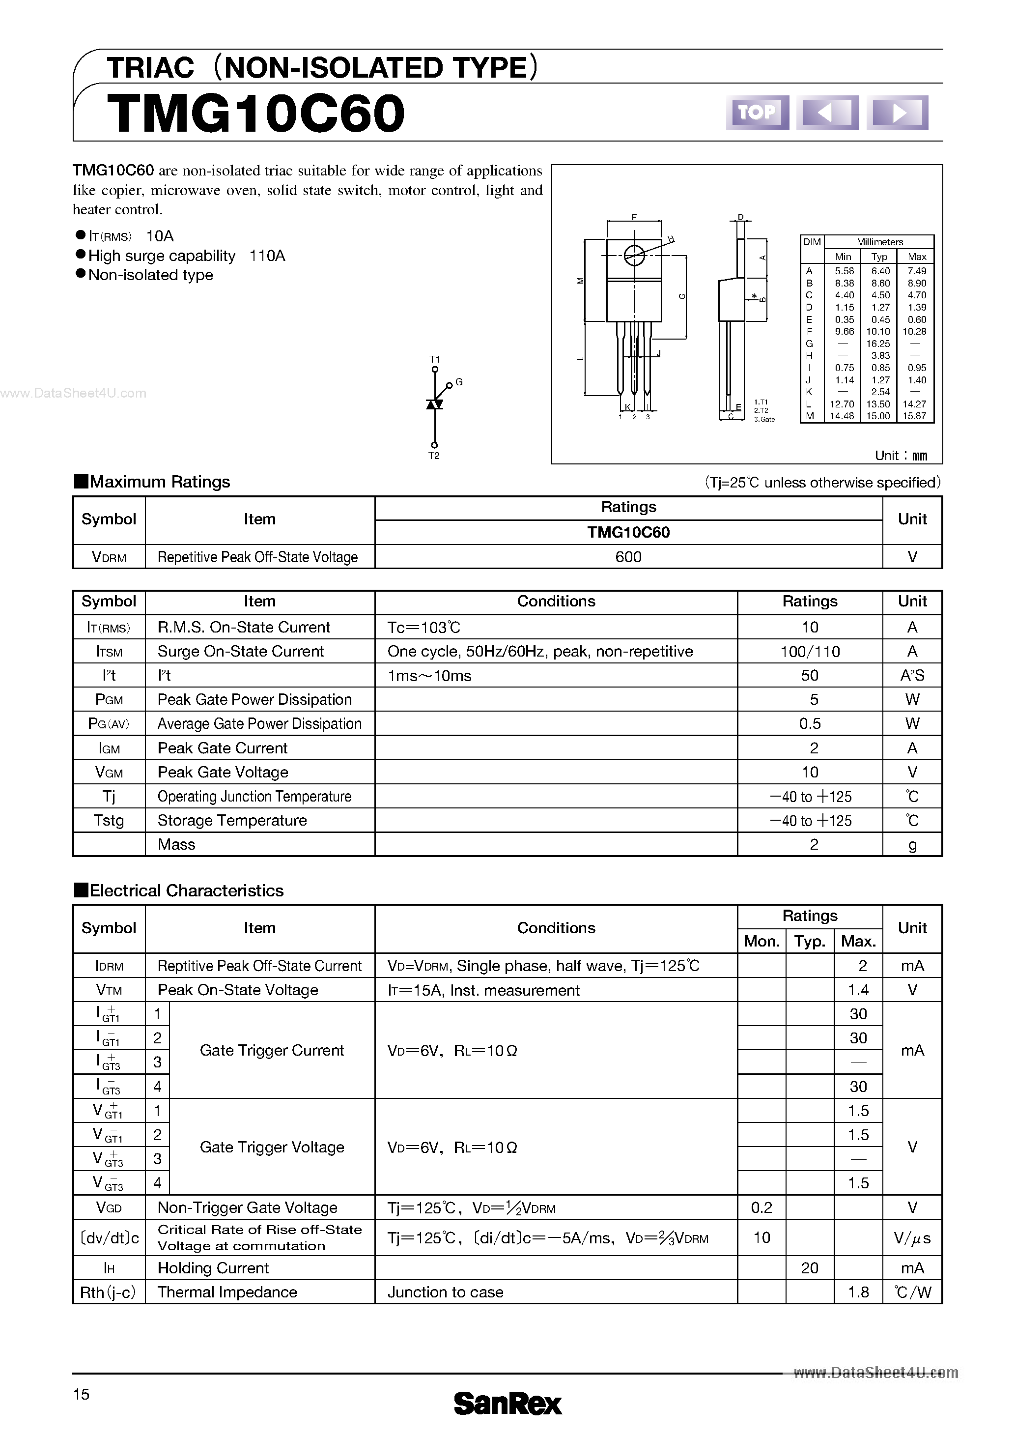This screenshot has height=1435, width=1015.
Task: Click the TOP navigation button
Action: click(757, 113)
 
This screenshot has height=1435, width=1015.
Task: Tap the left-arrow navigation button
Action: click(827, 113)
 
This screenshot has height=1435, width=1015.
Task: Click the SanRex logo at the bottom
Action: click(507, 1403)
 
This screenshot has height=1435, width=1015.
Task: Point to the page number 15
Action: click(81, 1394)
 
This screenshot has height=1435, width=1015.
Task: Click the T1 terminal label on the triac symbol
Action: click(434, 359)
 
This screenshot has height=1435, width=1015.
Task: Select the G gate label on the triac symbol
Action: click(459, 382)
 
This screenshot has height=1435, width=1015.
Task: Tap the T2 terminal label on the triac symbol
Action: click(434, 456)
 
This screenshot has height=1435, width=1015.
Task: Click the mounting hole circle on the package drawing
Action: click(634, 255)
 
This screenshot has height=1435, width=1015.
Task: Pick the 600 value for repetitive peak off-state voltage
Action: click(628, 557)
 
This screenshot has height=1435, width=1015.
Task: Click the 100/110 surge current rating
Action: click(810, 651)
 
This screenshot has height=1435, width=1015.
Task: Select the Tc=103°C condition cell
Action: click(424, 627)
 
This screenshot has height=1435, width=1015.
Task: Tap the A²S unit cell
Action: click(912, 676)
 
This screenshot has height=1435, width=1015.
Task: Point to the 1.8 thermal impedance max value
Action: click(858, 1292)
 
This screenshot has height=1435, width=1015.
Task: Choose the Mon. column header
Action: click(761, 941)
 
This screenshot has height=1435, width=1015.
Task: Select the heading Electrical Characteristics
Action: click(186, 890)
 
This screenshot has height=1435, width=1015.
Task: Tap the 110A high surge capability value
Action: click(267, 256)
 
